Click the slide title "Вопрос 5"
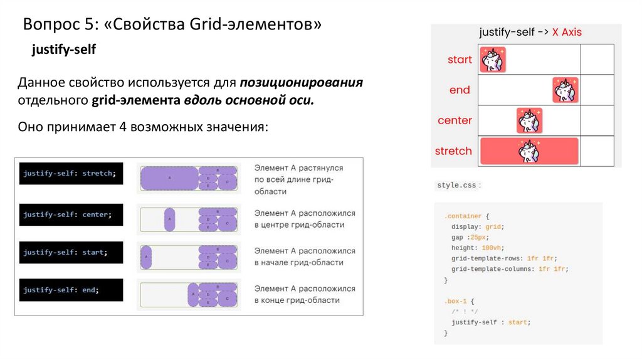tap(172, 25)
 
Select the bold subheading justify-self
tap(64, 50)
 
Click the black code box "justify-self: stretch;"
tap(70, 173)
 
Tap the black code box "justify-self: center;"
tap(70, 214)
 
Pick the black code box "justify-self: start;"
tap(70, 252)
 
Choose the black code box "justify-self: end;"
tap(70, 290)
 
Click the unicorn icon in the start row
tap(493, 60)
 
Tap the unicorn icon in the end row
tap(566, 90)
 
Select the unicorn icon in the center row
tap(529, 120)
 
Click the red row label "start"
tap(460, 60)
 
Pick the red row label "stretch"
tap(453, 151)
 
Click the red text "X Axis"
tap(567, 33)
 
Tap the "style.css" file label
tap(456, 186)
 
